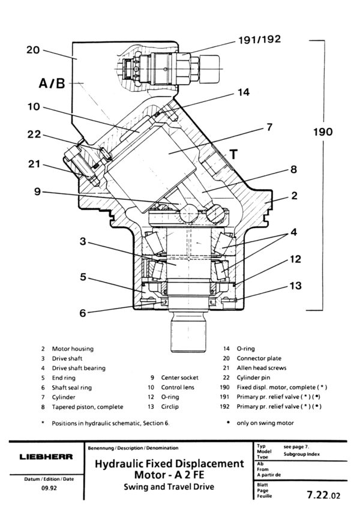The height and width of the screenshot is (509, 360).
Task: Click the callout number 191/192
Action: coord(259,40)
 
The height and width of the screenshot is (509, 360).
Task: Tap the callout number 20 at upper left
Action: coord(33,50)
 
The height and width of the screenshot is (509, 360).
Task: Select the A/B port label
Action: coord(52,83)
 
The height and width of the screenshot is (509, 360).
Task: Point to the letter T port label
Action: coord(234,154)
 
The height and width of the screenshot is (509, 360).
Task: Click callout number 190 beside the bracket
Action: coord(323,132)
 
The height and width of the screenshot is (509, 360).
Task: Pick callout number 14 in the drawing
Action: coord(244,92)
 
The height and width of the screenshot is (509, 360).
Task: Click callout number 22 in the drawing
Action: coord(34,134)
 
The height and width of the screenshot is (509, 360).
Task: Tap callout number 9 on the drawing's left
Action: coord(38,191)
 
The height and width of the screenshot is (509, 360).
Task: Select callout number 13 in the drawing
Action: coord(295,286)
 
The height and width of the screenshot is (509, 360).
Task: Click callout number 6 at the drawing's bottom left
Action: coord(83,313)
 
